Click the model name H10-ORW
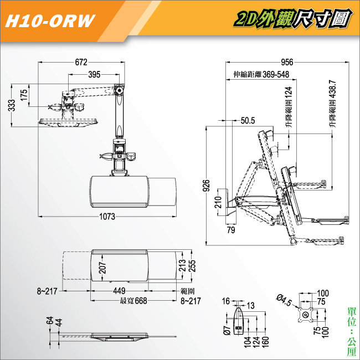coord(50,21)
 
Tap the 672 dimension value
coord(81,62)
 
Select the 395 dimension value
coord(94,74)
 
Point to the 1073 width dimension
coord(107,216)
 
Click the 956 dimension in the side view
coord(287,62)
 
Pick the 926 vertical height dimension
coord(207,186)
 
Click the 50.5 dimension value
coord(248,121)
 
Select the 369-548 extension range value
coord(276,74)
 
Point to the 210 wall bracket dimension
coord(218,202)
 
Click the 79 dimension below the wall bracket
coord(231,230)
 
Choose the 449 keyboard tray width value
coord(120,291)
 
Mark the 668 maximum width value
coord(141,301)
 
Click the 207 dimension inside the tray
coord(102,268)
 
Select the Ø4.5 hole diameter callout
coord(284,300)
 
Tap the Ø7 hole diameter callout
coord(227,330)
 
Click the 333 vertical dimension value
coord(12,105)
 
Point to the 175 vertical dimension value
coord(24,95)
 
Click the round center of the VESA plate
coord(306,315)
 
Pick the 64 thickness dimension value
coord(50,320)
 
